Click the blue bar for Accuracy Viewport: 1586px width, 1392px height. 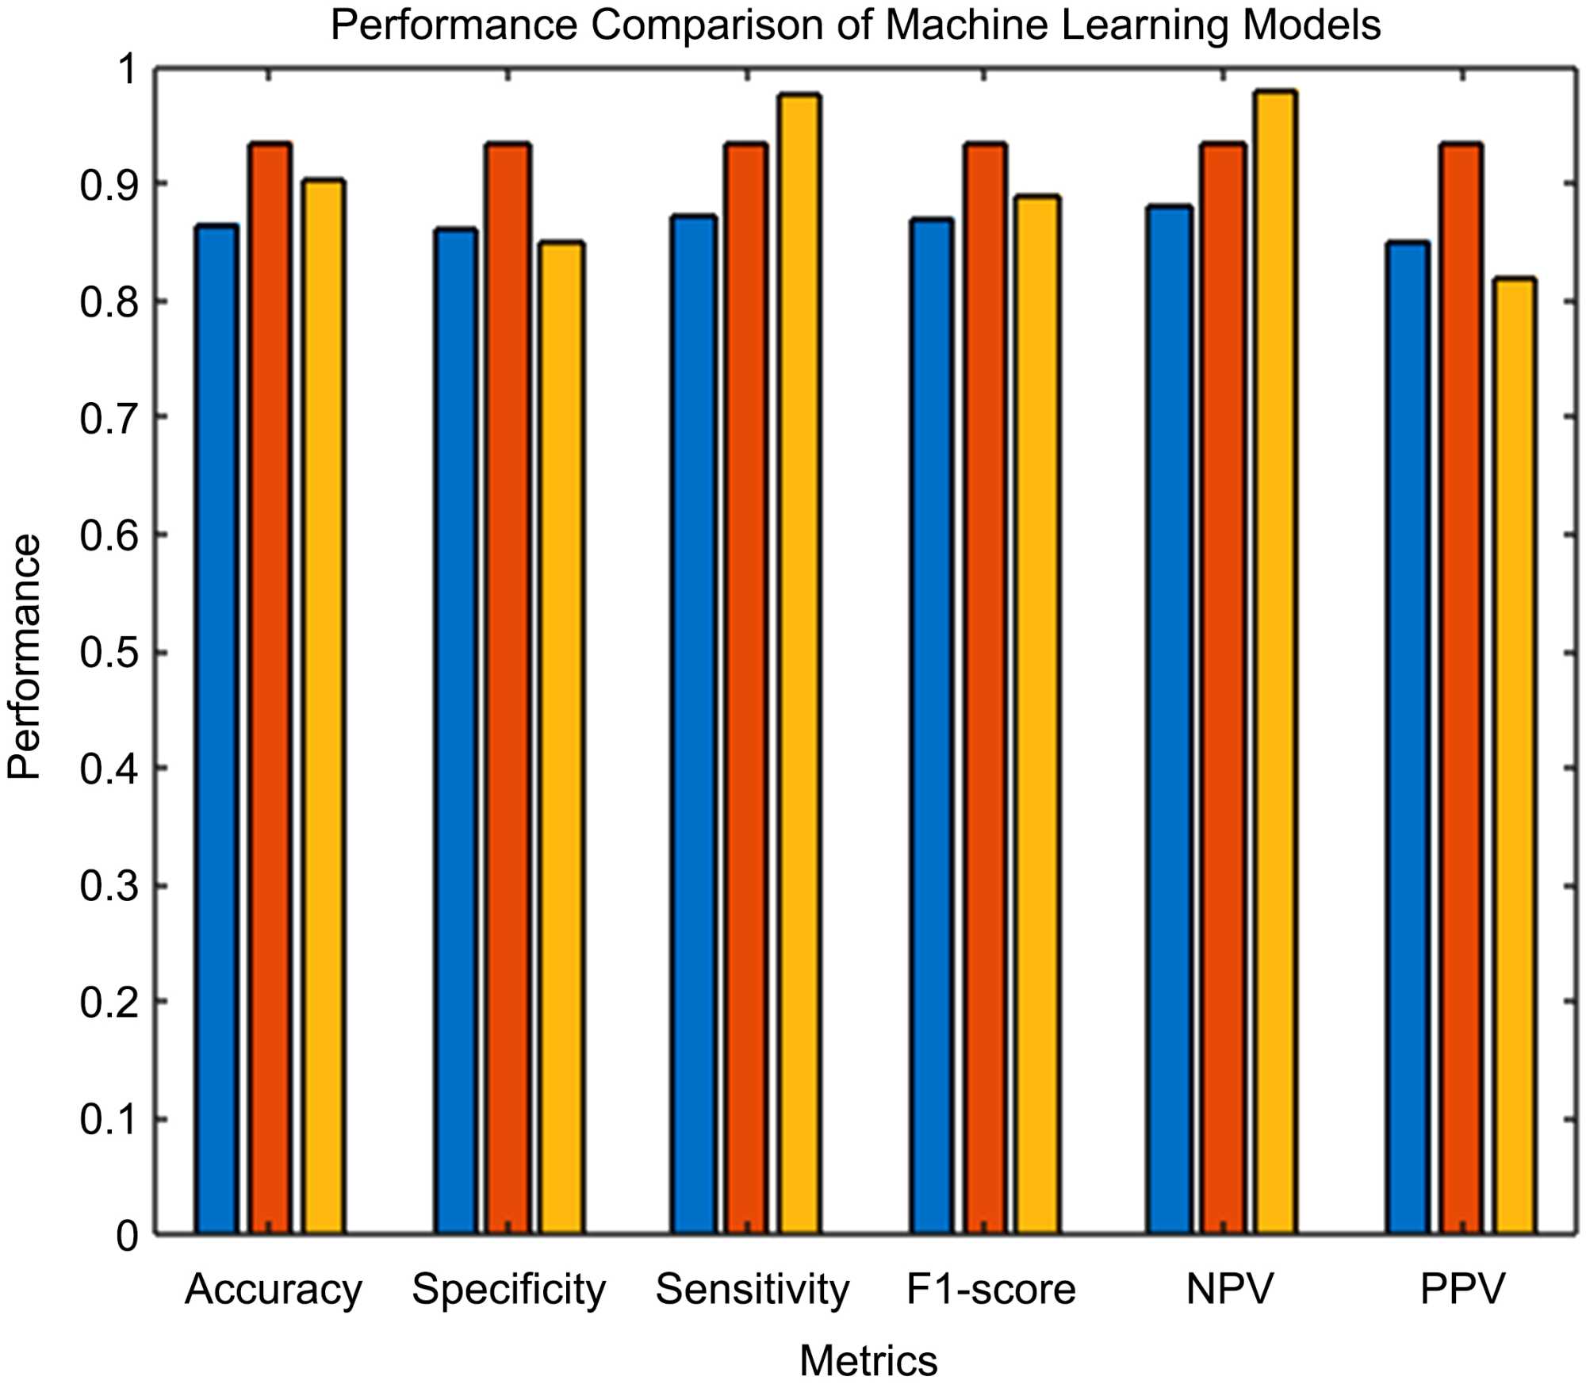point(216,730)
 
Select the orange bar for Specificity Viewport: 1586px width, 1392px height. point(508,690)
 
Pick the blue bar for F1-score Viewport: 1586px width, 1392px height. point(932,726)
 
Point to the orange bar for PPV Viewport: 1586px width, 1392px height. point(1461,690)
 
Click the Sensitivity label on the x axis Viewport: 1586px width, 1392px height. point(752,1289)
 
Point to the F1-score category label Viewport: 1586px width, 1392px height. point(990,1289)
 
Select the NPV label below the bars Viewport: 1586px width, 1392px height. point(1229,1289)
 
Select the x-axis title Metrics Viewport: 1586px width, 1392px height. point(868,1361)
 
